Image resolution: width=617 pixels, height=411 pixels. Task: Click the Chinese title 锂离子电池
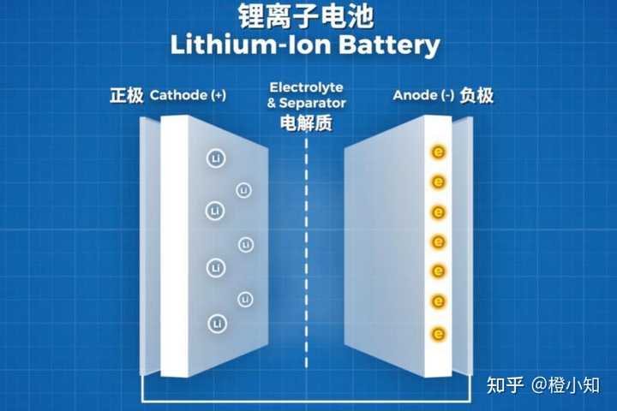(x=308, y=16)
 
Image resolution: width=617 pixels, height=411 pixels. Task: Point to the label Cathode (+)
(x=188, y=95)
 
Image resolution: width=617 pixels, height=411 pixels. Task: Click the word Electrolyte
(x=307, y=87)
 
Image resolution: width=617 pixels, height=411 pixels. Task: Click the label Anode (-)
(x=423, y=95)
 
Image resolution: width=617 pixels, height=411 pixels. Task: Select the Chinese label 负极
(x=477, y=95)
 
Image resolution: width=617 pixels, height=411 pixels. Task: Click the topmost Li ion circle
(x=214, y=158)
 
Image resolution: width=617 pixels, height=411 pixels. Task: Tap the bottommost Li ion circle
(x=215, y=324)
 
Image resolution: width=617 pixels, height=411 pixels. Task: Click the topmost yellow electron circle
(x=439, y=152)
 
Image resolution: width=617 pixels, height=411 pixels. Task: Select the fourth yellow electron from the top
(x=439, y=242)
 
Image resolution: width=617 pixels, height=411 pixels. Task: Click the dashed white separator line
(x=306, y=257)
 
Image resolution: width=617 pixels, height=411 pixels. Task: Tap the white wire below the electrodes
(x=308, y=401)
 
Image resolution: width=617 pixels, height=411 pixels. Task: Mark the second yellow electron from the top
(x=439, y=182)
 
